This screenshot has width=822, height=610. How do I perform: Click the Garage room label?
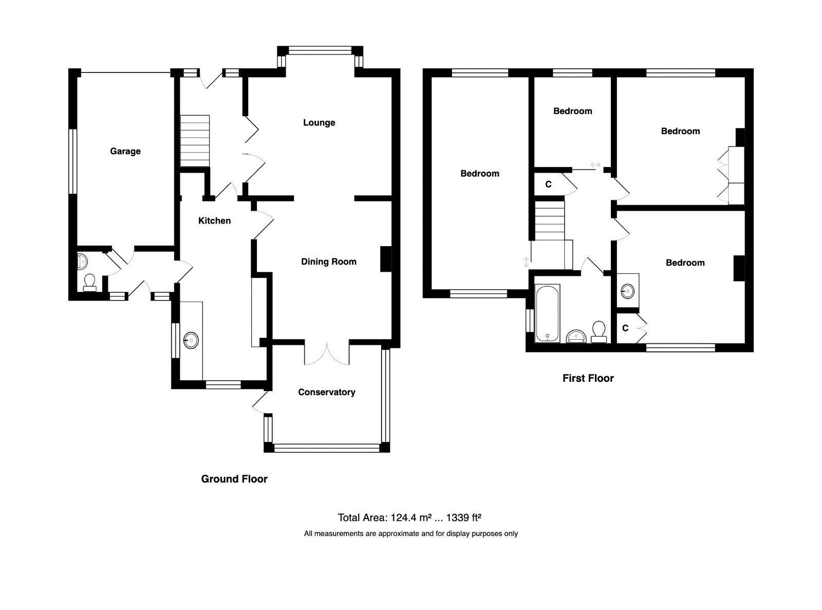point(125,151)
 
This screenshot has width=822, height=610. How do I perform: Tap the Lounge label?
point(319,122)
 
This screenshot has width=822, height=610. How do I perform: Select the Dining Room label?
point(328,262)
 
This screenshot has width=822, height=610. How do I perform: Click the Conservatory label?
point(326,392)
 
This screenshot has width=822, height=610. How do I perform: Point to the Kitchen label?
point(214,220)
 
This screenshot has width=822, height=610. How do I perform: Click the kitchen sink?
point(191,340)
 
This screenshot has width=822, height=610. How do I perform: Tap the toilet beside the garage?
point(90,282)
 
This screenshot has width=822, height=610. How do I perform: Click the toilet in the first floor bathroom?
point(599,331)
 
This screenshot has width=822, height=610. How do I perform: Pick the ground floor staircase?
point(195,141)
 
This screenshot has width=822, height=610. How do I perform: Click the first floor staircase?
point(550,221)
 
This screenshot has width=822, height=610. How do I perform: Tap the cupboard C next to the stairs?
point(548,184)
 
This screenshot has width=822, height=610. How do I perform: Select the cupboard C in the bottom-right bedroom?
point(625,328)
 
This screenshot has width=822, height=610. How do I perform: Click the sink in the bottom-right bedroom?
point(627,292)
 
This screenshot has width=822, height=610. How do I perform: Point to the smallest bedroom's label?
point(572,111)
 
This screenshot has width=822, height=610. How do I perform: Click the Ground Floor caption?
point(234,479)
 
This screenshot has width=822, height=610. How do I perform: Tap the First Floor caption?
point(588,378)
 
